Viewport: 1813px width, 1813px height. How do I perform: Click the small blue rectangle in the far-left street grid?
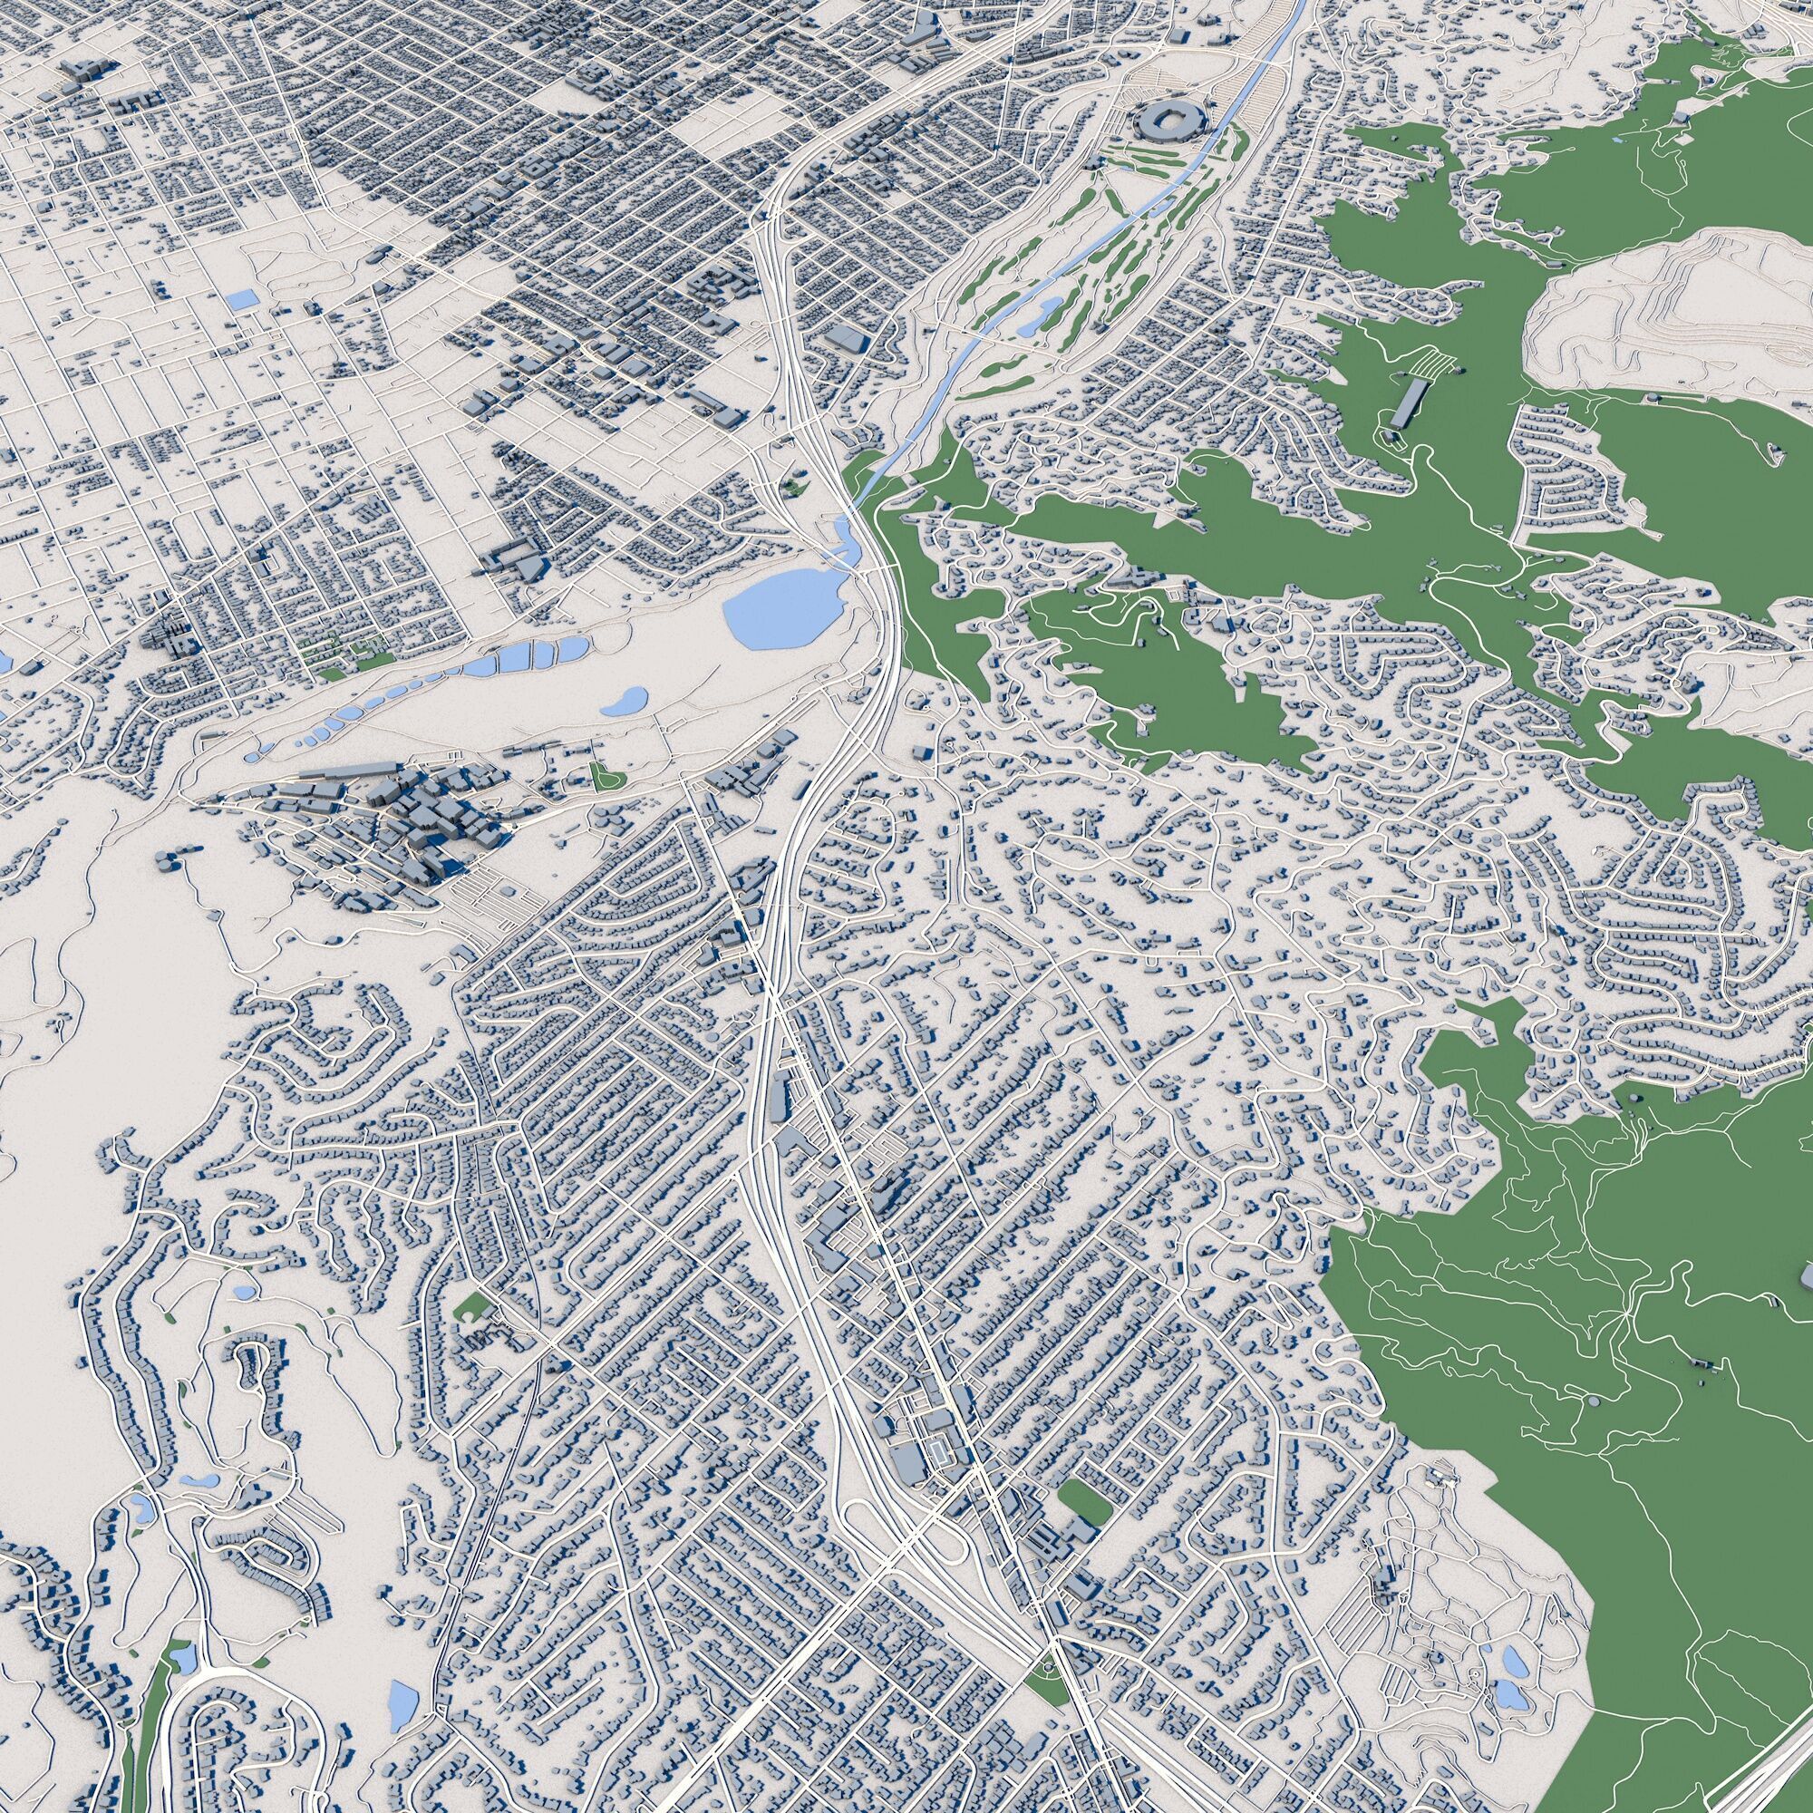(x=242, y=301)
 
